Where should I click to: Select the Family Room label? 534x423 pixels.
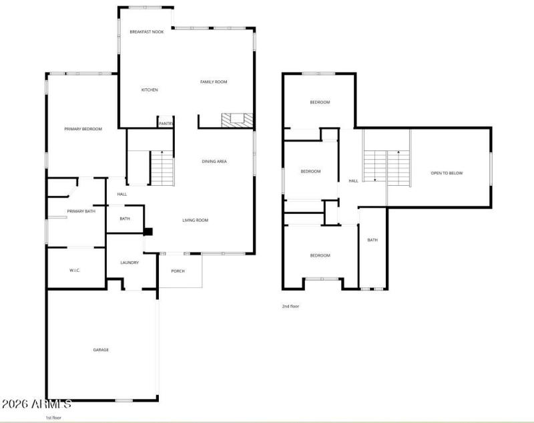214,82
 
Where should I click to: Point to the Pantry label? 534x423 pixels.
166,123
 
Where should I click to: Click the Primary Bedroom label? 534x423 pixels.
83,129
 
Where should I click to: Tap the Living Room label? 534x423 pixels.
196,220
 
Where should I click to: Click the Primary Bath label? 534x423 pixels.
81,211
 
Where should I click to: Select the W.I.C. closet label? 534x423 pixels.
75,270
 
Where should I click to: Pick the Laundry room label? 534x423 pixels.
129,263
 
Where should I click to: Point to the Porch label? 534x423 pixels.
178,271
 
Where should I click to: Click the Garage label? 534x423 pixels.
101,349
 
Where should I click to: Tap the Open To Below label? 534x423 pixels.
446,173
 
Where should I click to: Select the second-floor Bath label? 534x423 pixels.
372,240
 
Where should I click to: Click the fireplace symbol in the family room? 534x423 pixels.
238,120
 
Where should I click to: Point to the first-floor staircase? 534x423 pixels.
162,168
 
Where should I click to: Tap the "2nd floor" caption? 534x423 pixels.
291,306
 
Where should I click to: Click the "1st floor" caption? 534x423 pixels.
54,417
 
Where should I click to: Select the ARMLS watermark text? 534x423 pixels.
36,404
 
